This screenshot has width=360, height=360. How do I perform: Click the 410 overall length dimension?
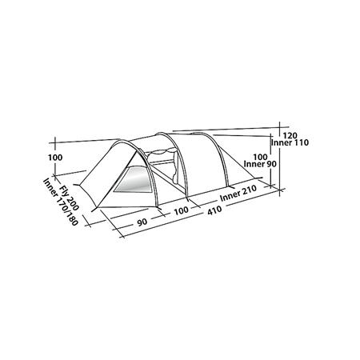point(214,210)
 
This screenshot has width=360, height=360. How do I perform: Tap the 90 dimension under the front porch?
point(142,222)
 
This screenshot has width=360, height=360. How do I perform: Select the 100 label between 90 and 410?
point(182,211)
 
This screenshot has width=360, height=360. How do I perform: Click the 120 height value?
point(290,135)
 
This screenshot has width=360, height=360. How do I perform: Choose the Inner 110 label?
point(290,142)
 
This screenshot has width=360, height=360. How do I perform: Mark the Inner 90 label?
point(260,164)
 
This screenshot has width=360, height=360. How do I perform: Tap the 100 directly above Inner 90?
point(260,157)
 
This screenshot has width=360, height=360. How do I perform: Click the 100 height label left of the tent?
point(55,158)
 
